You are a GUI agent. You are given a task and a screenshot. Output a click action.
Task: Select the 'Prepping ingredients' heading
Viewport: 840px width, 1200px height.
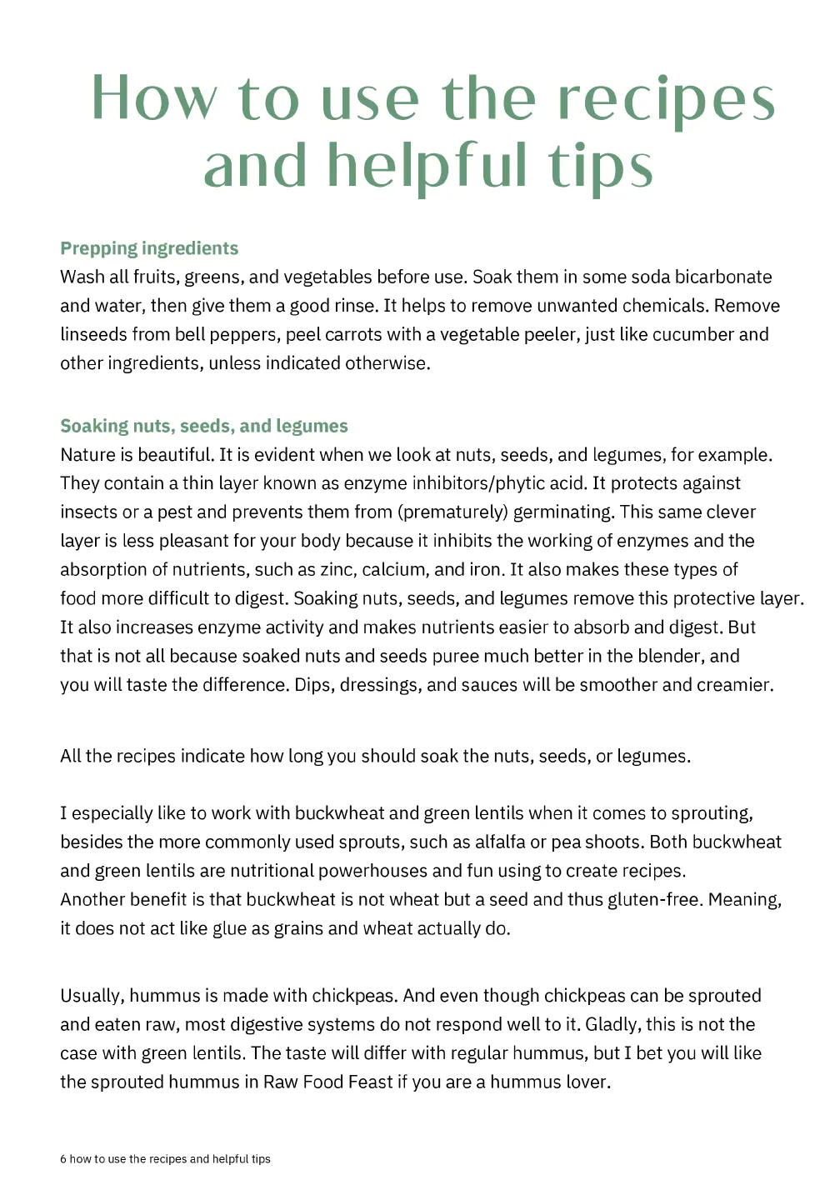tap(149, 248)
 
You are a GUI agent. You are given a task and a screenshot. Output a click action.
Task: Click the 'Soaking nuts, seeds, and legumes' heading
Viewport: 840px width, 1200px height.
tap(204, 426)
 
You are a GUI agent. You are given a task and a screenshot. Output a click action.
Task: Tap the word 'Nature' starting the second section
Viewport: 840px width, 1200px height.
tap(87, 455)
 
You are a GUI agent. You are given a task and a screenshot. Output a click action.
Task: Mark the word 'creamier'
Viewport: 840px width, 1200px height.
tap(734, 685)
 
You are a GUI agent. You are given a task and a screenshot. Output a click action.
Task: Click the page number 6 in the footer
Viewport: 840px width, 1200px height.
tap(63, 1159)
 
